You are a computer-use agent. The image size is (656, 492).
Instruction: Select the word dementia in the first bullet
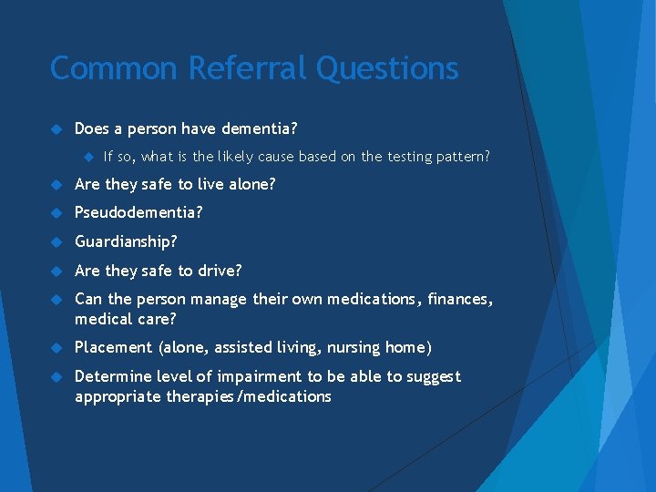pyautogui.click(x=246, y=128)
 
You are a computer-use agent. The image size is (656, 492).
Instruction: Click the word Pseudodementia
pyautogui.click(x=138, y=212)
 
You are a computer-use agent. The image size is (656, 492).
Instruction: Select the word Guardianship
pyautogui.click(x=126, y=241)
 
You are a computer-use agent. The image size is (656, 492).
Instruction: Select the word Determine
pyautogui.click(x=110, y=376)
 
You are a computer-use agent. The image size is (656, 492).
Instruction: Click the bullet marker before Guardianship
pyautogui.click(x=56, y=241)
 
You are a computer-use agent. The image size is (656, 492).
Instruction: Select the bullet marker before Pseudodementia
pyautogui.click(x=56, y=212)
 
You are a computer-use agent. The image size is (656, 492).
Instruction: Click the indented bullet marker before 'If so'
pyautogui.click(x=90, y=157)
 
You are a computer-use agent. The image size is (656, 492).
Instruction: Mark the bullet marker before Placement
pyautogui.click(x=56, y=347)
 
